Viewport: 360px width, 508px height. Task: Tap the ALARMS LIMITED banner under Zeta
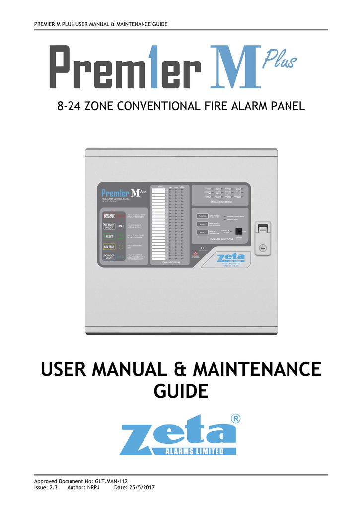click(194, 451)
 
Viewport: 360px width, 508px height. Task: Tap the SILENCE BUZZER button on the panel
click(109, 226)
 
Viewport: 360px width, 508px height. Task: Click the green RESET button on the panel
click(109, 236)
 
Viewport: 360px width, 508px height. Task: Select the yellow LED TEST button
click(109, 246)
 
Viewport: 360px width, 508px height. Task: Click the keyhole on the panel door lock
click(264, 247)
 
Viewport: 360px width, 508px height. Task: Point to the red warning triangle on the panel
click(196, 253)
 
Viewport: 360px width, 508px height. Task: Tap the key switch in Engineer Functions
click(239, 231)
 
